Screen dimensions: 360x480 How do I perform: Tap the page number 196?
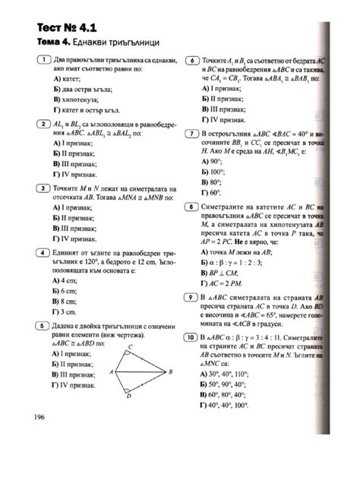39,416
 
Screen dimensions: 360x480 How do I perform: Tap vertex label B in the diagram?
172,371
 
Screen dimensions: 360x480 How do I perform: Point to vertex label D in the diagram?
128,396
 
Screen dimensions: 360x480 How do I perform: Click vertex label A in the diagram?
111,372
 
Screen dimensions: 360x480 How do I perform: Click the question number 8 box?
191,207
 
